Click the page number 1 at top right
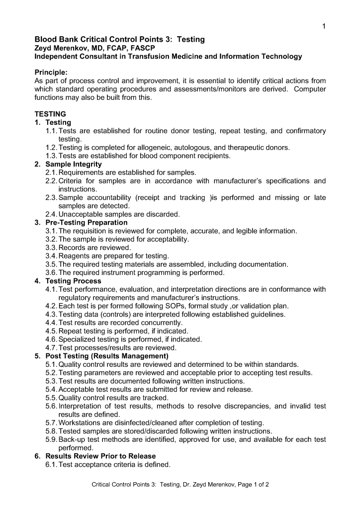[324, 26]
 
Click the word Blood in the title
[45, 39]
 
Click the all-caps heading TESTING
[50, 114]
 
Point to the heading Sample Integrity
[74, 164]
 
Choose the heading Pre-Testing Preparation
[87, 222]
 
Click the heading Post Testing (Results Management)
[107, 356]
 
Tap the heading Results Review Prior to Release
[100, 456]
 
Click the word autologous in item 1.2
[172, 148]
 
